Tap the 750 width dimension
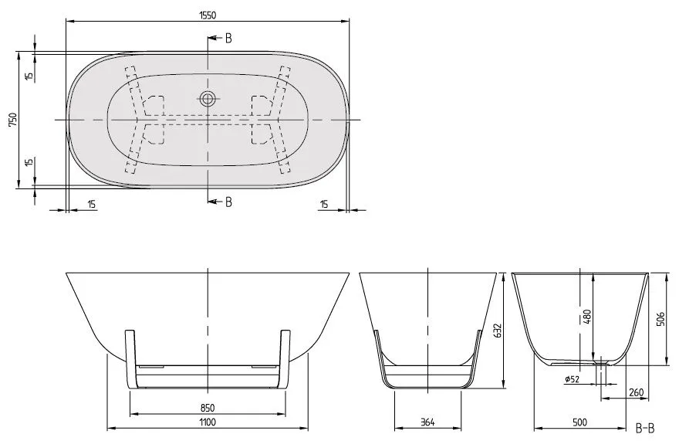pyautogui.click(x=12, y=120)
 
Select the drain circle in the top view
pyautogui.click(x=207, y=98)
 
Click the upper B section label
pyautogui.click(x=228, y=38)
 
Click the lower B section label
pyautogui.click(x=228, y=202)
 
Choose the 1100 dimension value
pyautogui.click(x=206, y=422)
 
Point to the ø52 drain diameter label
pyautogui.click(x=573, y=378)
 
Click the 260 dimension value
pyautogui.click(x=636, y=393)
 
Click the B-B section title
pyautogui.click(x=646, y=426)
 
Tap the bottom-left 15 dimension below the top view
pyautogui.click(x=92, y=204)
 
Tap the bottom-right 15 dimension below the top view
pyautogui.click(x=324, y=204)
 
